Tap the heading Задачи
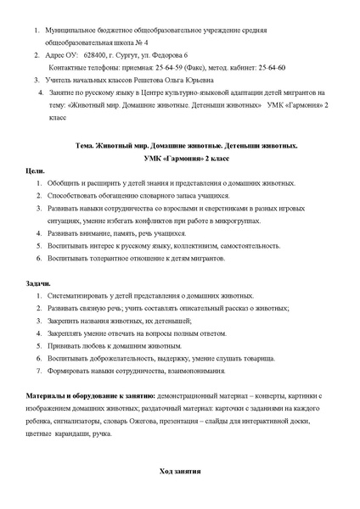click(x=38, y=282)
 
